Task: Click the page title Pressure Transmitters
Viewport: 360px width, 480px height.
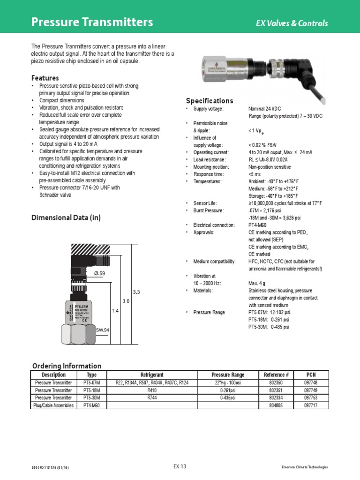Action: pyautogui.click(x=92, y=22)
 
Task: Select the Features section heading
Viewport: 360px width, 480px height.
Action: pyautogui.click(x=45, y=78)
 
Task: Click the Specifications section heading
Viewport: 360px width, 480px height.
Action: pyautogui.click(x=209, y=101)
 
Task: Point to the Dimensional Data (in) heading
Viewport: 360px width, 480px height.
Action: pyautogui.click(x=66, y=217)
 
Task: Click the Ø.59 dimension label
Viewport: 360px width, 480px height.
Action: pyautogui.click(x=99, y=274)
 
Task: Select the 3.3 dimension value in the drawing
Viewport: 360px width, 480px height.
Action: pyautogui.click(x=136, y=292)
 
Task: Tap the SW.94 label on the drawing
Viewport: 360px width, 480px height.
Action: pyautogui.click(x=103, y=330)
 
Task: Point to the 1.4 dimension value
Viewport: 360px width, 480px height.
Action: pyautogui.click(x=115, y=310)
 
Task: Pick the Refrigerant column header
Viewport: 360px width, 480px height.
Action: pyautogui.click(x=152, y=375)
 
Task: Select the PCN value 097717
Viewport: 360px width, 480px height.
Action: pyautogui.click(x=311, y=405)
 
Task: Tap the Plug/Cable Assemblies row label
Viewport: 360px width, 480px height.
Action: pyautogui.click(x=54, y=405)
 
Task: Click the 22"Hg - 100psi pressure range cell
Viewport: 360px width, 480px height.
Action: pyautogui.click(x=228, y=382)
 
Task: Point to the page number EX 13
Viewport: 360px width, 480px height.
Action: pyautogui.click(x=180, y=466)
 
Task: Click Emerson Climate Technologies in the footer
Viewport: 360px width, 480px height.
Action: pyautogui.click(x=305, y=467)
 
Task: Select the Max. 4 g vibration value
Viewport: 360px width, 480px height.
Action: pyautogui.click(x=257, y=283)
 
